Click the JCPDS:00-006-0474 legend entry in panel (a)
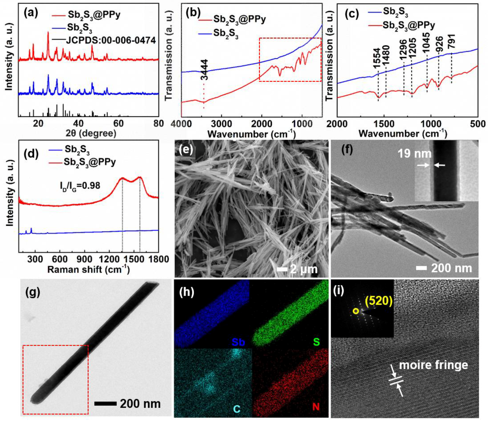pos(111,40)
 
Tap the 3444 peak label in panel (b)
pos(204,70)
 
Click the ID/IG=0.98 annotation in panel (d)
pos(80,185)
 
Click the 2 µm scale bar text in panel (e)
pos(304,269)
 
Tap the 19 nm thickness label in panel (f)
pos(414,154)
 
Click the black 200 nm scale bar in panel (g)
pos(105,404)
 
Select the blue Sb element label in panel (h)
pos(238,342)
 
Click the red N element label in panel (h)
pos(316,407)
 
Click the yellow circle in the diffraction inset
pos(356,311)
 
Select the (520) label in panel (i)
pos(379,301)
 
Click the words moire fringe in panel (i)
pos(433,365)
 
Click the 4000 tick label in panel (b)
pos(182,124)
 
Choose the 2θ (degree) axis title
pos(91,133)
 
